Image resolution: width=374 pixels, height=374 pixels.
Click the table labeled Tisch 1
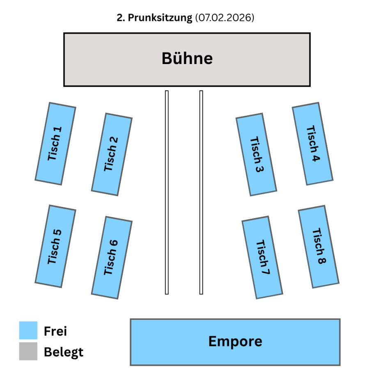point(55,144)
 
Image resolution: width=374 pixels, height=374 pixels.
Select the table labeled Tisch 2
point(112,154)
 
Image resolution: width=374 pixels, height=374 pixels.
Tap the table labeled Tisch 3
point(257,154)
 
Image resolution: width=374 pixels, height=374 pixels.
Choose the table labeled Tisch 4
point(313,144)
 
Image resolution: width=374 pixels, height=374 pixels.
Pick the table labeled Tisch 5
point(55,246)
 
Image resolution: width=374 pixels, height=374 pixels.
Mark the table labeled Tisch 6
point(112,257)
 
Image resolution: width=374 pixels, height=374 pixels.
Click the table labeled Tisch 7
point(262,257)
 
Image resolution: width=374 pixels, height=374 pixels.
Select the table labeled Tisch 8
point(319,247)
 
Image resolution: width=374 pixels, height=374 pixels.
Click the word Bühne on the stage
point(187,58)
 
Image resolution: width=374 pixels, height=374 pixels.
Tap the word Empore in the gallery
point(235,341)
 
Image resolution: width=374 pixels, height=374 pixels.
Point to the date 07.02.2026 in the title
point(225,18)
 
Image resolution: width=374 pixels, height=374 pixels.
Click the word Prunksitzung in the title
point(160,18)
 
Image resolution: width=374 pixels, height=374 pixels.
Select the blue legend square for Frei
point(28,330)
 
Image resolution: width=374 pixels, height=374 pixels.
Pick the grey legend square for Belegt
point(28,351)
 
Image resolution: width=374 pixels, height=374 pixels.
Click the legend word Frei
point(55,331)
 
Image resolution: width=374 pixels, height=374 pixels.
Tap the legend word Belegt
point(64,352)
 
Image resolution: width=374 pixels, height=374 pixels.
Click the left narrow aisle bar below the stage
point(167,192)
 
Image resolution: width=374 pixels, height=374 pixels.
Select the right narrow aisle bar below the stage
point(201,192)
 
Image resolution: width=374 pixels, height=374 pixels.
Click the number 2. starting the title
point(121,18)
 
